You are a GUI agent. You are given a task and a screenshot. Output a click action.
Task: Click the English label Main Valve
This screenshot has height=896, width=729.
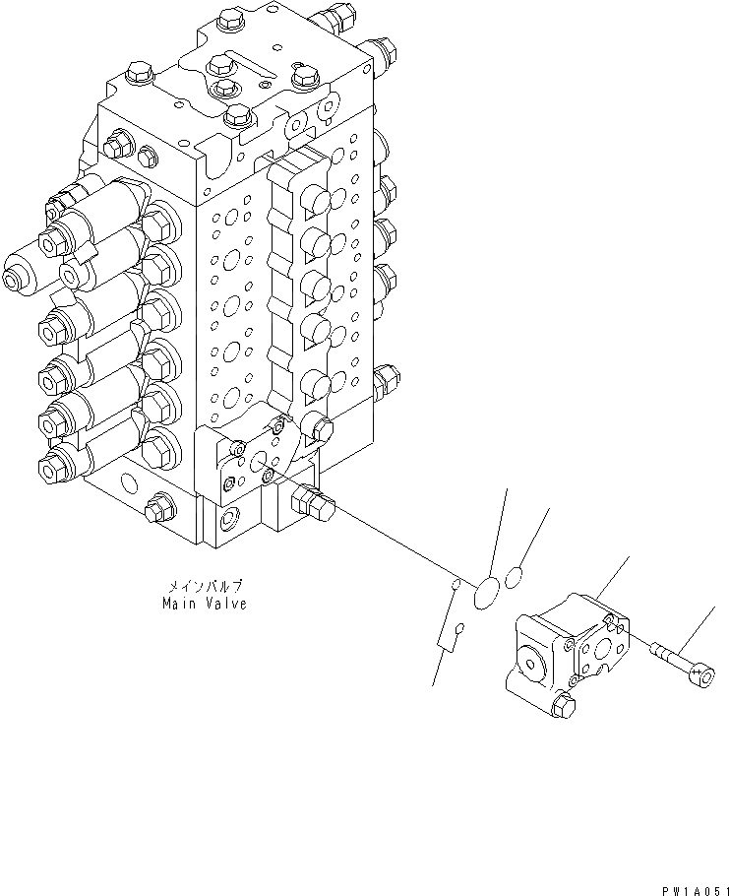(x=205, y=604)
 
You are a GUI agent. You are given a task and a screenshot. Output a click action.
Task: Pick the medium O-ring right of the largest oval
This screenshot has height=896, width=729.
(x=515, y=577)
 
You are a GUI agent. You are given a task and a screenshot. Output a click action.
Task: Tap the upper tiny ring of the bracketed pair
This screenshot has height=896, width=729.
(x=456, y=587)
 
